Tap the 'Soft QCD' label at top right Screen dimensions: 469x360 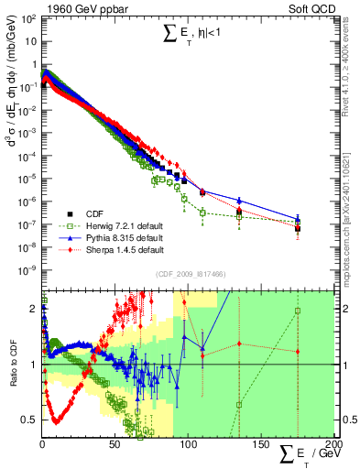(314, 8)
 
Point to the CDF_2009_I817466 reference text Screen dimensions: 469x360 (190, 274)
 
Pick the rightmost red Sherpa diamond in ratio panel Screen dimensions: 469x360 (298, 351)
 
